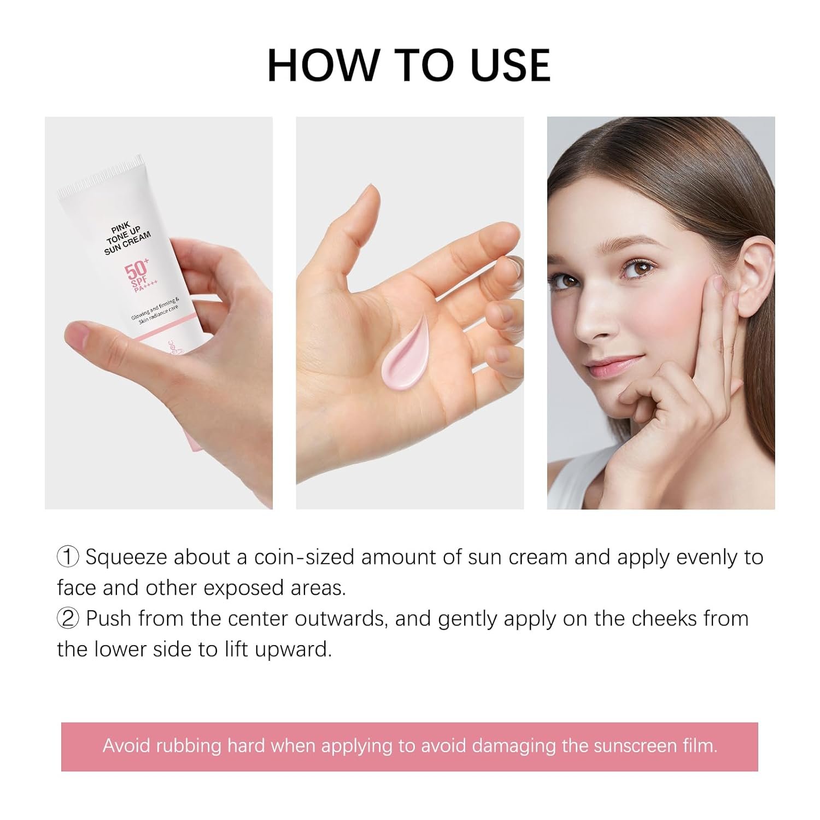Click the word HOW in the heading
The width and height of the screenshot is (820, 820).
coord(323,65)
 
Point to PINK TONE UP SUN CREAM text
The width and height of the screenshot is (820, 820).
coord(127,236)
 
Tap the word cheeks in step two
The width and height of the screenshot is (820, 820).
coord(664,618)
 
